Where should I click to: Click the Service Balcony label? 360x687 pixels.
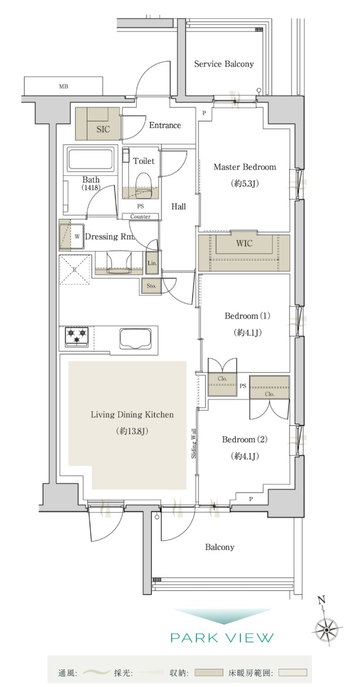tap(224, 64)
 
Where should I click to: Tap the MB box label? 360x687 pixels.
tap(63, 86)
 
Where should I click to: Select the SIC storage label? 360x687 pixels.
tap(103, 130)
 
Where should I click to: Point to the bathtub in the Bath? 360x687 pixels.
tap(91, 160)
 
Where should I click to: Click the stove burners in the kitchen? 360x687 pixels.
tap(77, 337)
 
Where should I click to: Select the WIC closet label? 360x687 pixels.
tap(244, 243)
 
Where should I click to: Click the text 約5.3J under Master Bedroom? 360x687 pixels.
tap(244, 184)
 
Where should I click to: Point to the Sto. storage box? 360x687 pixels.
tap(151, 286)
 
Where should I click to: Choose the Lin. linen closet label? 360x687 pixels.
tap(152, 263)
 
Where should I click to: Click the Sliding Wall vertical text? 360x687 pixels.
tap(193, 443)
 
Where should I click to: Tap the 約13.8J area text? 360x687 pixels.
tap(133, 432)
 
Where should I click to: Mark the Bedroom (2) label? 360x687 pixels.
tap(244, 439)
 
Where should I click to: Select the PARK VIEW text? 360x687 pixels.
tap(222, 638)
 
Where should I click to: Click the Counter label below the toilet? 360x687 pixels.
tap(140, 216)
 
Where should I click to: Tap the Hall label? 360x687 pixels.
tap(178, 207)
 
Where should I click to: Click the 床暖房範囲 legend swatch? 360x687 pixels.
tap(292, 672)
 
